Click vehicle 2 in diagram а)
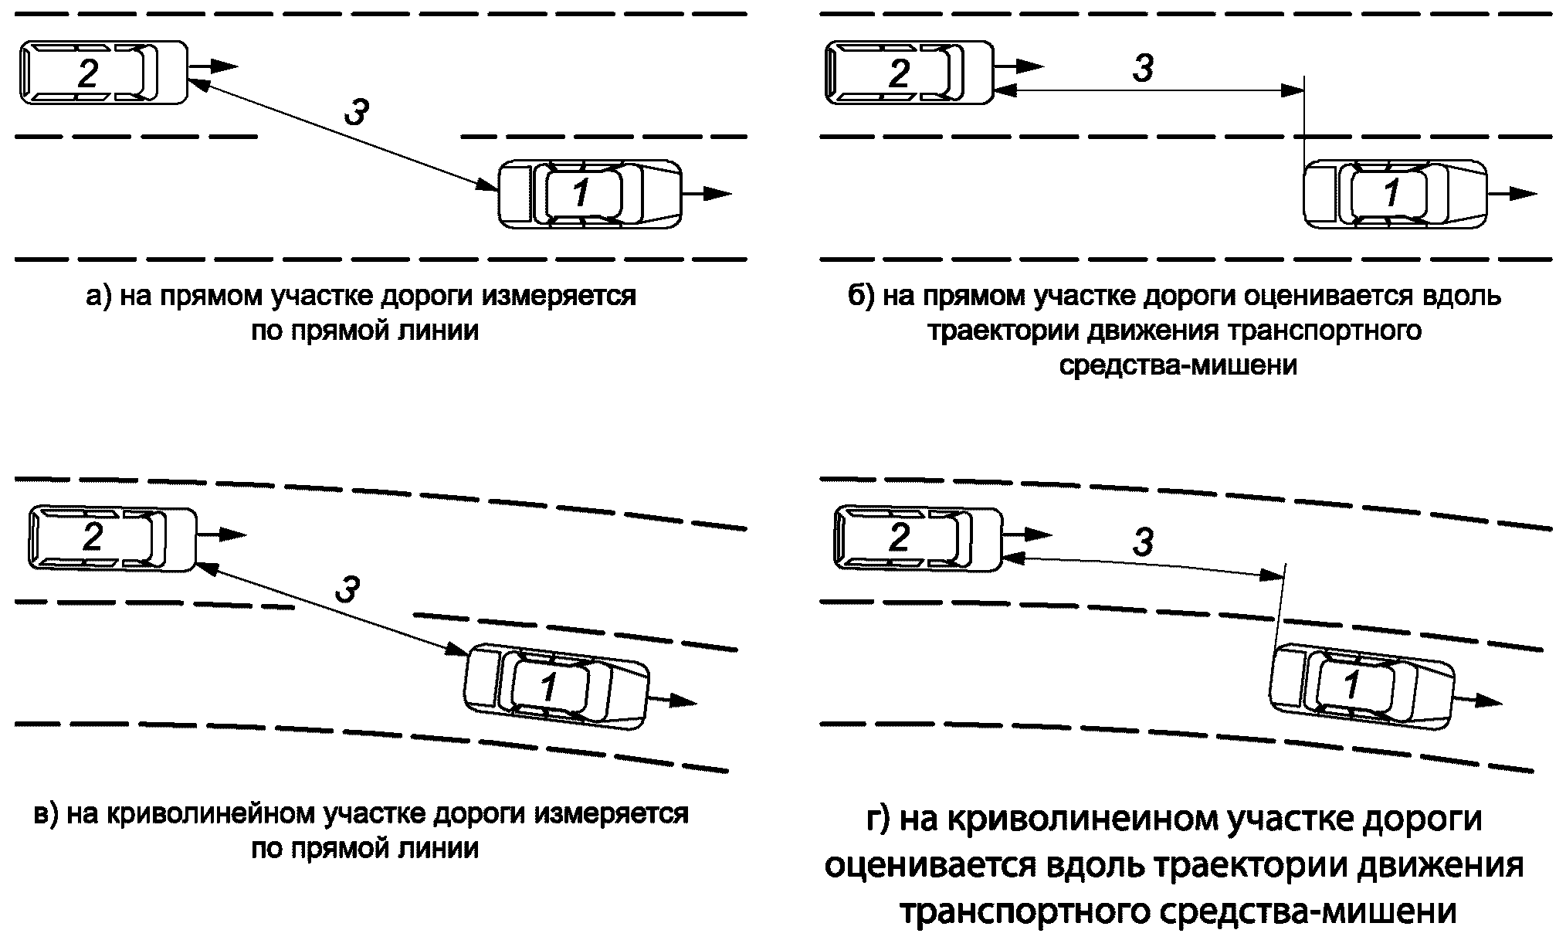(x=103, y=73)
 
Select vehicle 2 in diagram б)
(x=908, y=73)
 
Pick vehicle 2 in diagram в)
(x=112, y=538)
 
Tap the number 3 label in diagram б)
(x=1143, y=68)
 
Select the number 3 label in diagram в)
(x=347, y=590)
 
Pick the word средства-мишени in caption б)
(x=1178, y=365)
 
